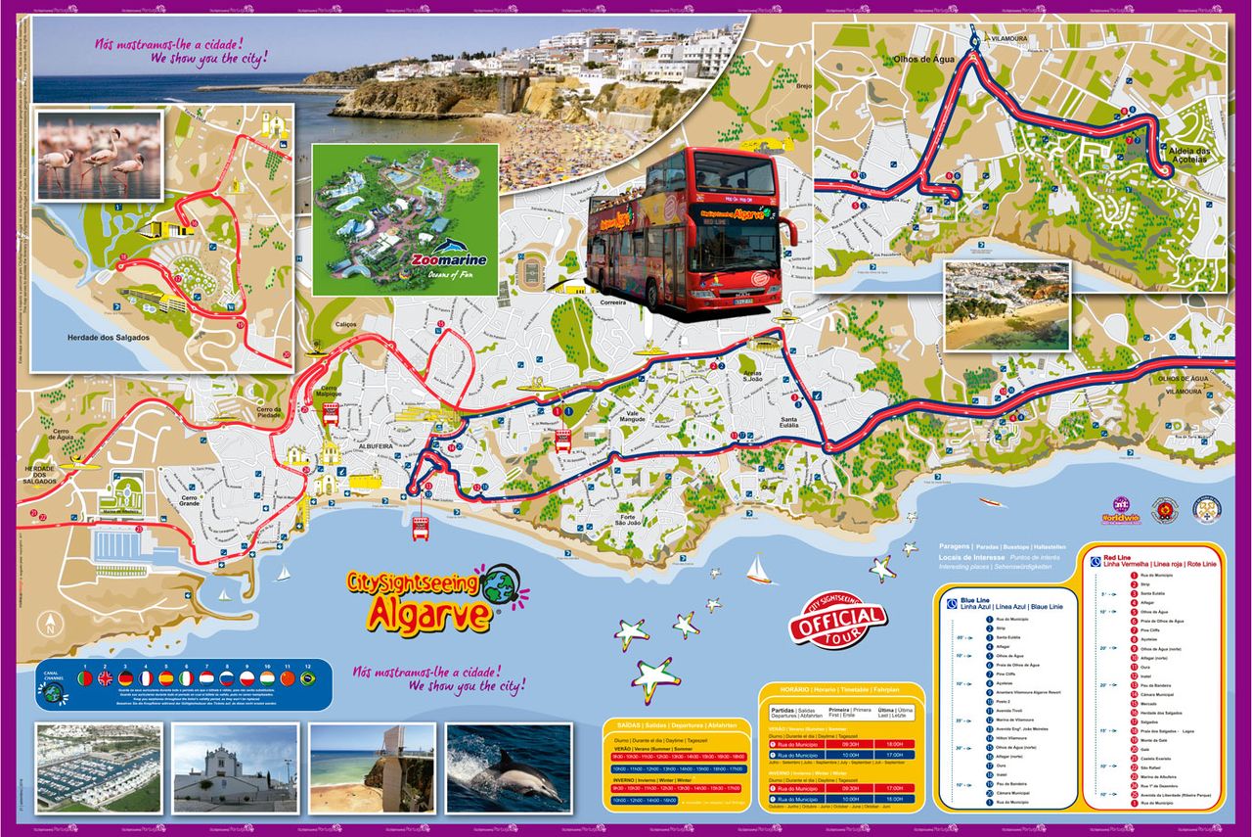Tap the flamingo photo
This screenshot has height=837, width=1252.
pos(98,155)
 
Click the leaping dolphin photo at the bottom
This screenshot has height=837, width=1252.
pos(508,767)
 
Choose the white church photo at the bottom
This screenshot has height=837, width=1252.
pos(235,767)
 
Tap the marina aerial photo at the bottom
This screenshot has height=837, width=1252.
pos(98,767)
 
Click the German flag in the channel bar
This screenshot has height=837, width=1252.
pos(125,678)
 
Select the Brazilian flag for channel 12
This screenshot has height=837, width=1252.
pos(307,678)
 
